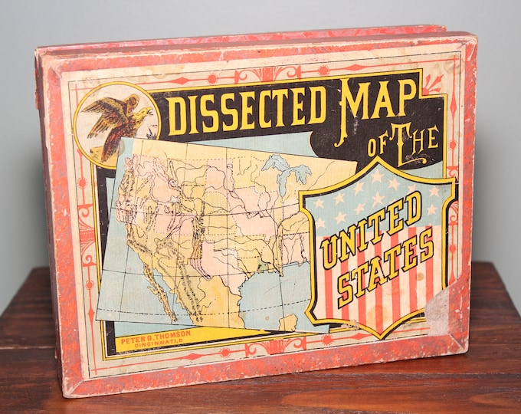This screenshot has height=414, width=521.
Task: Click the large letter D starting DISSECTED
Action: click(178, 115)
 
